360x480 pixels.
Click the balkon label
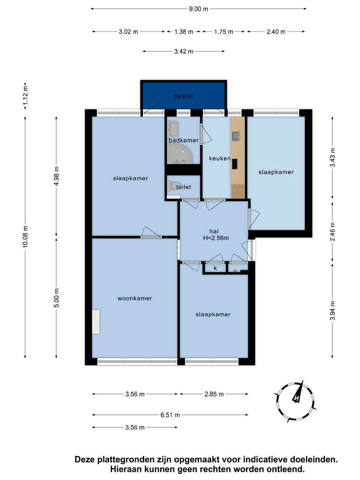point(183,96)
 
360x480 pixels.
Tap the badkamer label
point(183,140)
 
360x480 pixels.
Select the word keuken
point(220,158)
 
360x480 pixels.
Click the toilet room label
point(183,187)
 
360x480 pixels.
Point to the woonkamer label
point(135,298)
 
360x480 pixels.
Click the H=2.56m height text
point(216,238)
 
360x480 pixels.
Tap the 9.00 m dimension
point(198,9)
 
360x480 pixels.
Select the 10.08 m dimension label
point(25,236)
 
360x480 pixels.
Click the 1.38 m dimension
point(183,32)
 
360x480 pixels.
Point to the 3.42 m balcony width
point(184,51)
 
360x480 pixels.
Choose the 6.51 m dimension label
point(170,415)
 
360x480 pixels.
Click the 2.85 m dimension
point(214,394)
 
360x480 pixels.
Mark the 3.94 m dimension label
point(333,310)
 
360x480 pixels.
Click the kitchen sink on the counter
point(236,136)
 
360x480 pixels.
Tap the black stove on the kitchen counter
point(235,164)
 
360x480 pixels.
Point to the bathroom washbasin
point(173,129)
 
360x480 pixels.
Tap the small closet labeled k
point(215,268)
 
